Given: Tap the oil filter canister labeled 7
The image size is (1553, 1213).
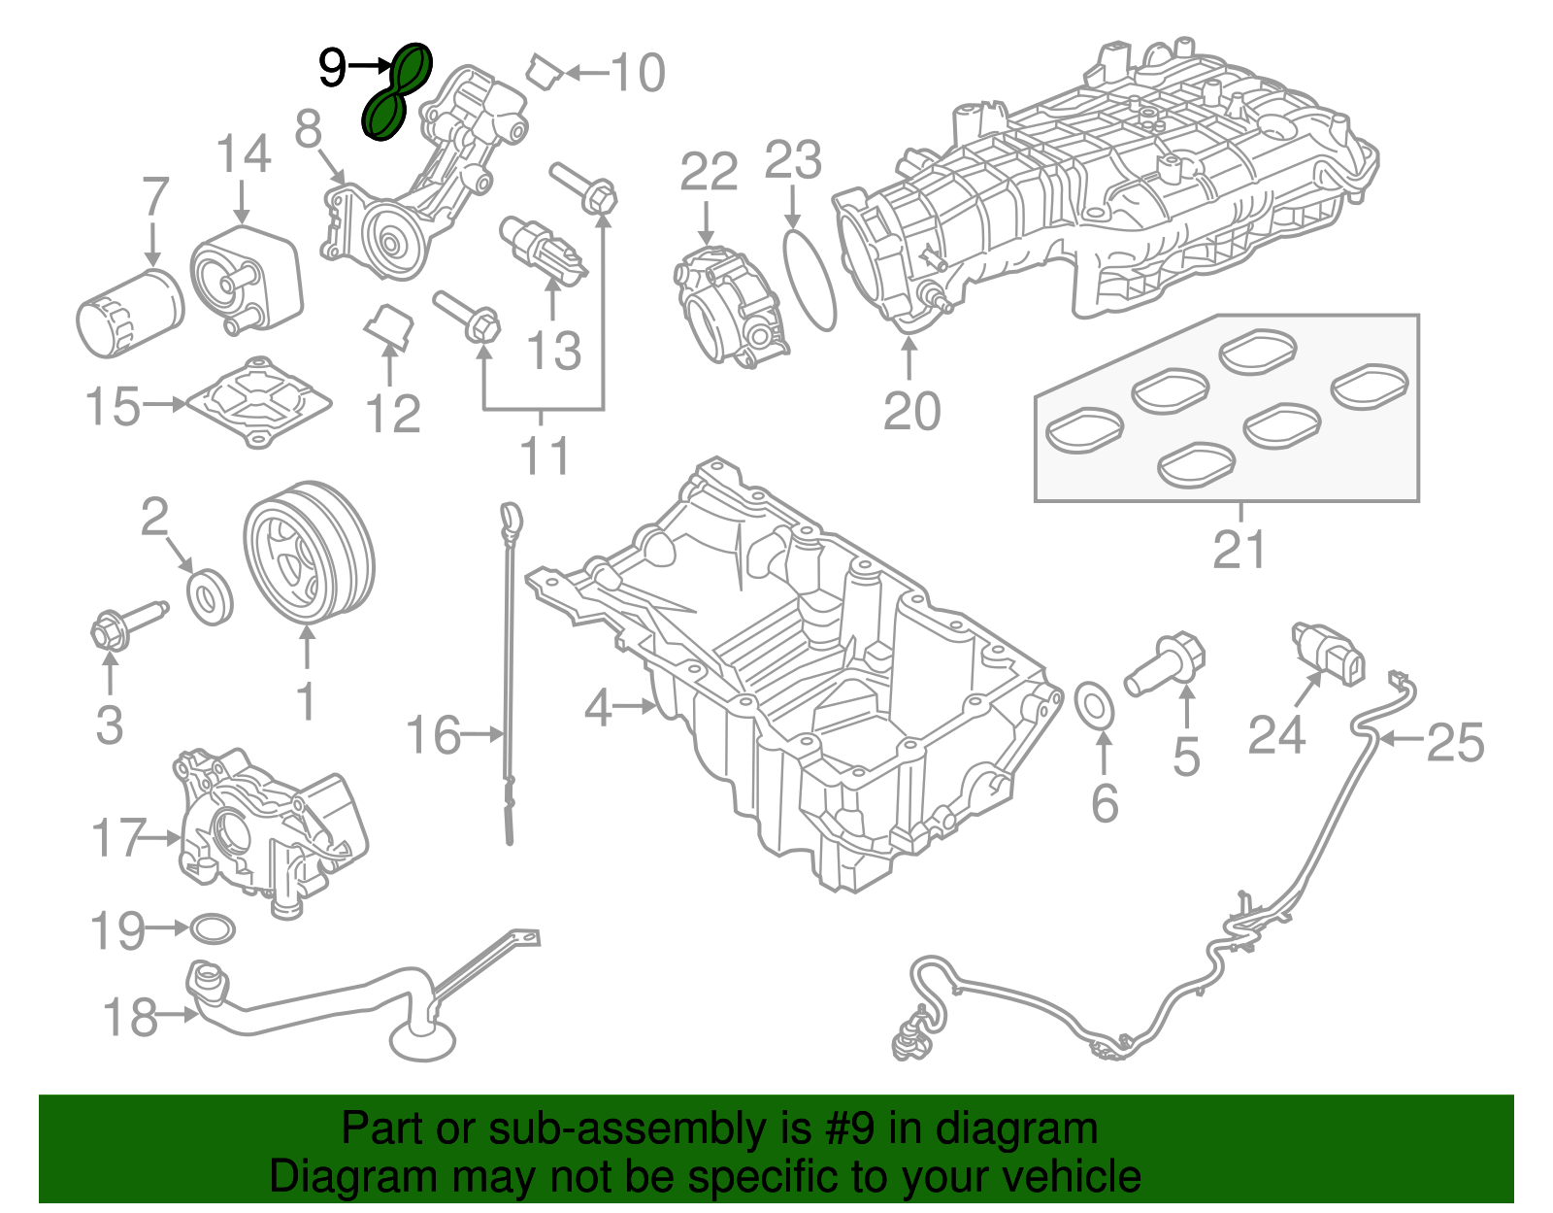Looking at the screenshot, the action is (130, 313).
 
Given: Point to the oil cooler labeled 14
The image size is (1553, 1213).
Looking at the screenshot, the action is (247, 280).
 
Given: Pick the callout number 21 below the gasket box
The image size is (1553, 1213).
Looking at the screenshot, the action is (1239, 549).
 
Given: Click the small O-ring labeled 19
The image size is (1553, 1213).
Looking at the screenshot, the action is (213, 928).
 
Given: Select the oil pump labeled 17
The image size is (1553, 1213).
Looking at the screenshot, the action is (272, 832).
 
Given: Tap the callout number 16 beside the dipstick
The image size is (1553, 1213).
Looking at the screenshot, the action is (433, 735).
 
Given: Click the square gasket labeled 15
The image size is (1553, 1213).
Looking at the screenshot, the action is (259, 403).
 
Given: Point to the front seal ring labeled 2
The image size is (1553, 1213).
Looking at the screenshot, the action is (210, 597).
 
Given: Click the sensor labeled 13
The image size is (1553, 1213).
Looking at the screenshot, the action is (544, 251).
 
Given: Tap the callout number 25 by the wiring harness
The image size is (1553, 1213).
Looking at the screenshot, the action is (1456, 742).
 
